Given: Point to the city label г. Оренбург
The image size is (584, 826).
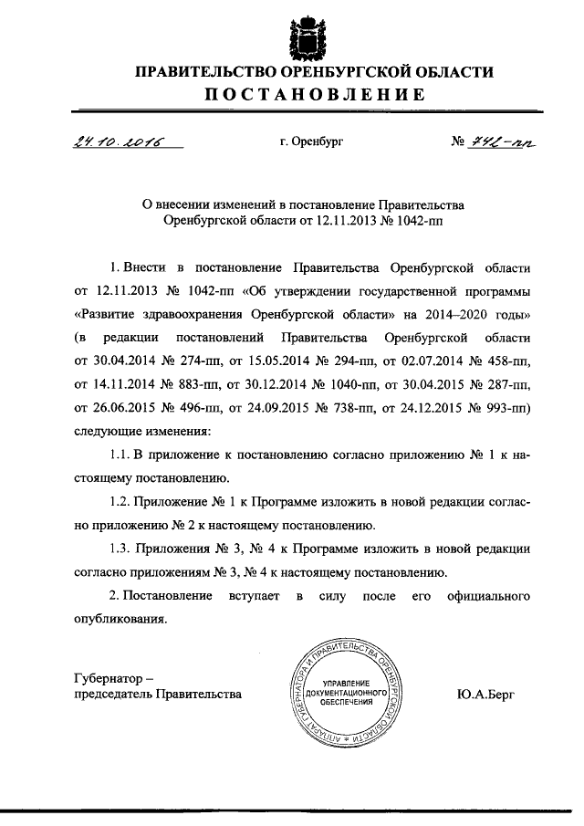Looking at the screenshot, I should [x=311, y=143].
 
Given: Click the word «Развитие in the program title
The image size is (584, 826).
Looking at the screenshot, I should [x=106, y=314].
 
